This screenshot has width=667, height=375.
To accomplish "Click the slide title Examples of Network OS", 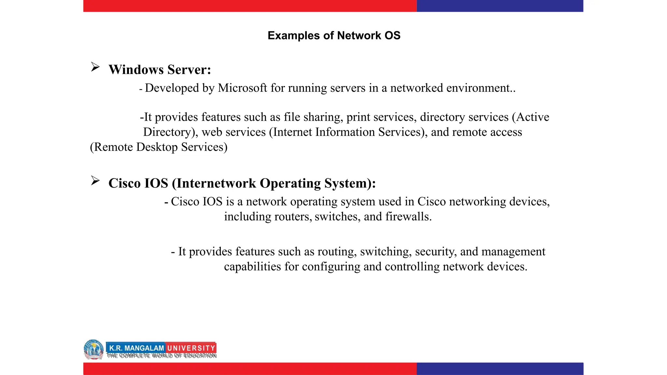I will coord(334,35).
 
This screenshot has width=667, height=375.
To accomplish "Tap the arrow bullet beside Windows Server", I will coord(95,67).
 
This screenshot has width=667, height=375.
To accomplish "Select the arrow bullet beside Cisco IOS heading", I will coord(95,181).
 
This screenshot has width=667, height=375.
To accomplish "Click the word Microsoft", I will coord(242,88).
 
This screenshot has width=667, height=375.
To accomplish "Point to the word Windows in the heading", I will coord(136,70).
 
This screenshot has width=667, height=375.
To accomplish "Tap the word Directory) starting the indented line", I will coord(171,132).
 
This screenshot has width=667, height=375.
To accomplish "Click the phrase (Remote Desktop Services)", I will coord(159,147).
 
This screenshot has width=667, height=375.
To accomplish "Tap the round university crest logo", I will coord(94,349).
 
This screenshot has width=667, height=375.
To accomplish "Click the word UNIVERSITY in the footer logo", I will coord(191,348).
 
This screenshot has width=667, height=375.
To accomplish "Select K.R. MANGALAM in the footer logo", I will coord(136,348).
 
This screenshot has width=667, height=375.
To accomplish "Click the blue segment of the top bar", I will coord(500,6).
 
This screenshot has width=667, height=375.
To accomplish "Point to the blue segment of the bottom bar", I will coord(500,368).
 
